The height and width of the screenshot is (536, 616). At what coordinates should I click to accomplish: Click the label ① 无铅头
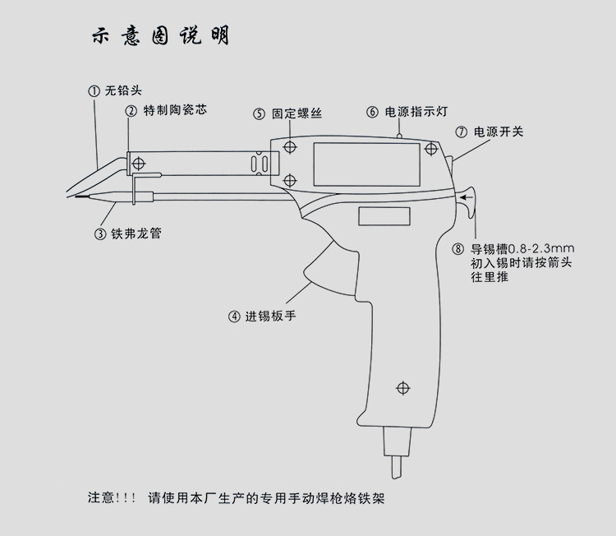point(116,91)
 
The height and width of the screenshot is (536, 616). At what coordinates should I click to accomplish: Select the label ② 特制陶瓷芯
point(163,110)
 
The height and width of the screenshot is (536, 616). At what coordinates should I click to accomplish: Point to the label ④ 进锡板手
point(262,316)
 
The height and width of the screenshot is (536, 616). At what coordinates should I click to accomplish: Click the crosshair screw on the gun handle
point(402,387)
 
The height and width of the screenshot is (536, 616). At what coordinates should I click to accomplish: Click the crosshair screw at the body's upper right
point(430,150)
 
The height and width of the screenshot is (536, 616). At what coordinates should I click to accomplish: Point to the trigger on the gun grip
point(324,274)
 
